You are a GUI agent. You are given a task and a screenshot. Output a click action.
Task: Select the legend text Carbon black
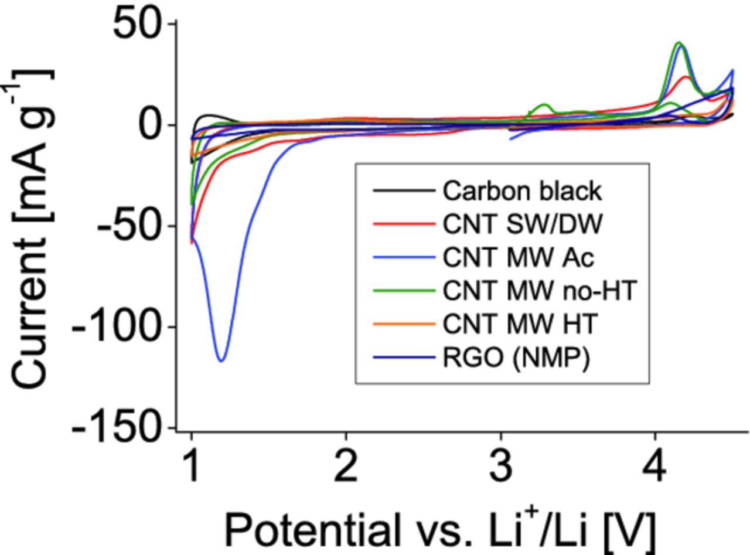click(x=522, y=191)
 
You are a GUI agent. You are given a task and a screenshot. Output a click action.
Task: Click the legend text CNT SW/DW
click(x=522, y=224)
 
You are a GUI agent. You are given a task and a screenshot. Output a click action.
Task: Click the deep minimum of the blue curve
click(x=221, y=360)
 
